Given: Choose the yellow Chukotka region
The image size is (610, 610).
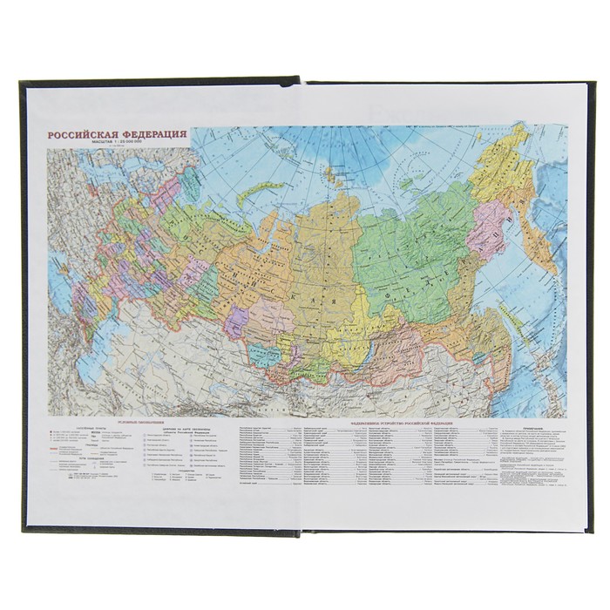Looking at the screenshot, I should (x=505, y=161).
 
